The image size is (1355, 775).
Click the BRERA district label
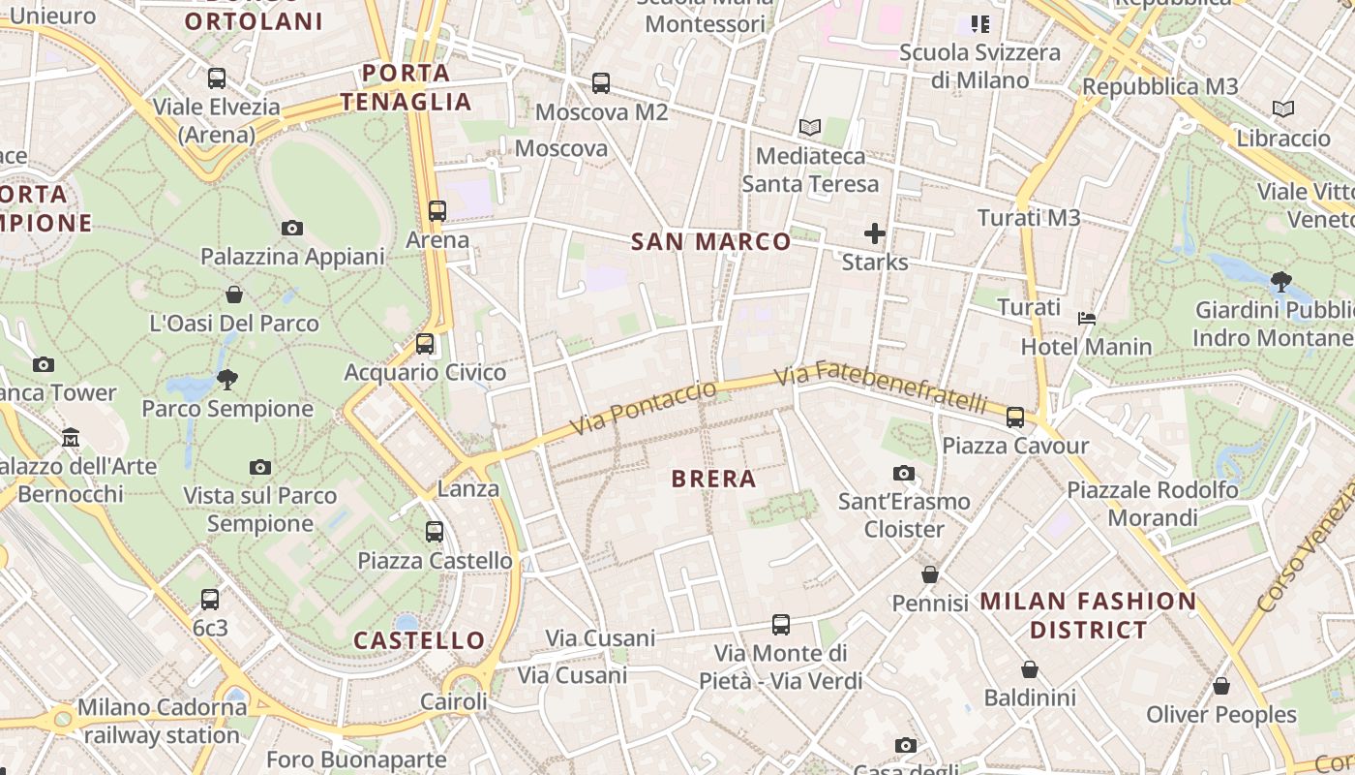(x=713, y=479)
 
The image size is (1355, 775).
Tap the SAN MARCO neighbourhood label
(x=711, y=242)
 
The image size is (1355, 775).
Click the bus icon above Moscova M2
(x=601, y=83)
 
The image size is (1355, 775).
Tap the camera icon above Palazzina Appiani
(x=292, y=229)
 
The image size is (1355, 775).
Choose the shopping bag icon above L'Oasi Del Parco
(x=234, y=294)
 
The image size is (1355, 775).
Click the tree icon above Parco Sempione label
(x=227, y=379)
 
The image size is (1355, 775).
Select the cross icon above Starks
(x=875, y=233)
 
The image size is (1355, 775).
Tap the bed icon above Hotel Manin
(x=1087, y=318)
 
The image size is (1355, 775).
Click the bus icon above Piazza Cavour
(x=1015, y=418)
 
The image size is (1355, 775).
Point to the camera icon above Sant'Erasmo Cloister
(x=904, y=473)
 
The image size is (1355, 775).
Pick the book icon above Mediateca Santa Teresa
(x=810, y=127)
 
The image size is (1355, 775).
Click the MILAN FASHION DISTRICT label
(x=1089, y=615)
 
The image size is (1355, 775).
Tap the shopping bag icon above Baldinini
(x=1030, y=669)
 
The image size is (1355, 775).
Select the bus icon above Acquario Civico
(x=425, y=344)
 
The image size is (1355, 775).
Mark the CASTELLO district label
(x=419, y=640)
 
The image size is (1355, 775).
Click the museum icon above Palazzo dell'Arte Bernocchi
(x=71, y=438)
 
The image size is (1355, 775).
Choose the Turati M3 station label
(x=1029, y=218)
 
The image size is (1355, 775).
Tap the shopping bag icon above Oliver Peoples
(x=1221, y=686)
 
